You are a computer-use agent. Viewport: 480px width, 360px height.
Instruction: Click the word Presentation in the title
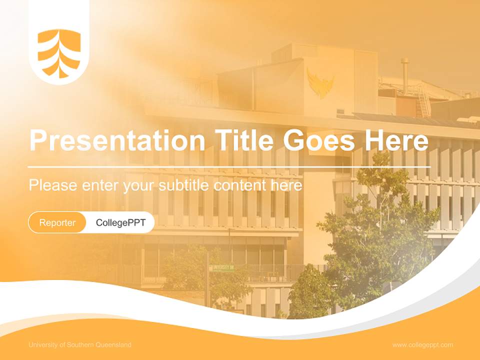point(117,141)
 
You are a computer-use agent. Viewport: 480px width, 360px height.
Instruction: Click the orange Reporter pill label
point(57,222)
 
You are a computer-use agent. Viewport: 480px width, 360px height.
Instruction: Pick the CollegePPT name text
point(120,222)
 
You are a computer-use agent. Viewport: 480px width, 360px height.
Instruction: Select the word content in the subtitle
point(242,185)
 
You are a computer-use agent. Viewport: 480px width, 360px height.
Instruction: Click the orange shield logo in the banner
point(59,53)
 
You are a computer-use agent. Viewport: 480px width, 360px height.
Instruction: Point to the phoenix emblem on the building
point(320,83)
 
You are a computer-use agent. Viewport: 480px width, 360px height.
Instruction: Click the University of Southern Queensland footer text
point(80,345)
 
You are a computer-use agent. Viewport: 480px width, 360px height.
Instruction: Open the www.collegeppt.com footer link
point(422,345)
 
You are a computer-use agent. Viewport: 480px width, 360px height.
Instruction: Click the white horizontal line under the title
point(229,166)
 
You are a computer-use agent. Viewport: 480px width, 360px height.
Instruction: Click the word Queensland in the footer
point(113,345)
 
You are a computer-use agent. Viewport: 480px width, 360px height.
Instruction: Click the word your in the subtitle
point(139,185)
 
